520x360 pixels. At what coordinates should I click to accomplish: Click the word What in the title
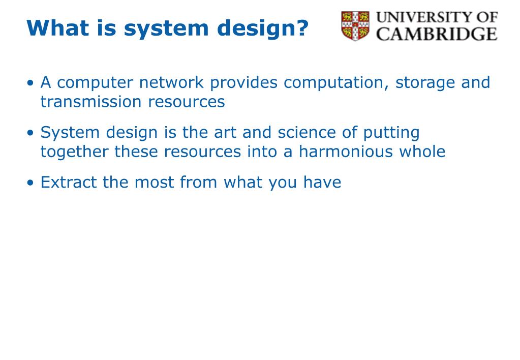click(x=57, y=27)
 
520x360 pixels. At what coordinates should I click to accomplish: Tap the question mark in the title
click(x=302, y=27)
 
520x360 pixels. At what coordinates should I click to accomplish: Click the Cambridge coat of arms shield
click(x=355, y=26)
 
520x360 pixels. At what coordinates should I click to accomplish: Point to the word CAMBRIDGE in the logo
click(x=437, y=34)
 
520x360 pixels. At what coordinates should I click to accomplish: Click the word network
click(x=171, y=82)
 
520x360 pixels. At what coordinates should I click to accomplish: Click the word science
click(x=307, y=132)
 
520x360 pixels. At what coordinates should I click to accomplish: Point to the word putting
click(x=391, y=133)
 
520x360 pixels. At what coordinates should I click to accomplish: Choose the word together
click(x=74, y=152)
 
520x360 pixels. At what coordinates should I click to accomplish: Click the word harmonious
click(x=345, y=152)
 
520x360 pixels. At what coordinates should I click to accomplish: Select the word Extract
click(x=68, y=182)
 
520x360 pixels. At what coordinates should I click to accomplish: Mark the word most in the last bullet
click(x=154, y=183)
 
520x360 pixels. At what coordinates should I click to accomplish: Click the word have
click(x=322, y=182)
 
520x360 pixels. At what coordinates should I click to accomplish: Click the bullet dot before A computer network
click(x=30, y=82)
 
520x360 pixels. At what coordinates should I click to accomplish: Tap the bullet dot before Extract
click(x=30, y=183)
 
